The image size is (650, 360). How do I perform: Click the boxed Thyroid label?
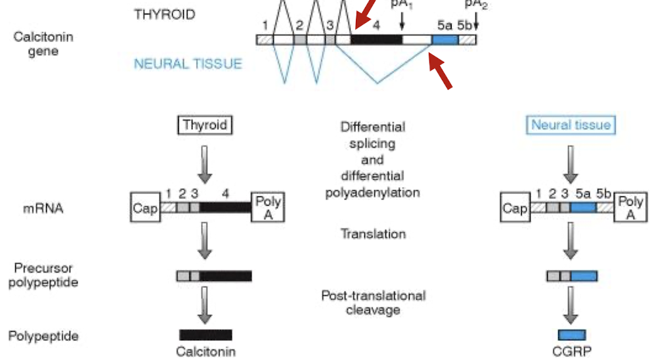point(205,125)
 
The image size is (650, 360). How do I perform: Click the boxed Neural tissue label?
point(571,125)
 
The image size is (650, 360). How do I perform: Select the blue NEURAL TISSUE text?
point(188,64)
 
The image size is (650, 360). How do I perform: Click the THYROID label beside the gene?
point(164,14)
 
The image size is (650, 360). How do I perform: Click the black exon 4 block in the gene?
point(376,39)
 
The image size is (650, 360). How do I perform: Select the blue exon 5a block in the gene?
point(444,39)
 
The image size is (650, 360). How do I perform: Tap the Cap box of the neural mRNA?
point(515,208)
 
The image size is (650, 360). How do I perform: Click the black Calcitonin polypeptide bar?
point(206,334)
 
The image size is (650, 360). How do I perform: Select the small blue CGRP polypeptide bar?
point(571,334)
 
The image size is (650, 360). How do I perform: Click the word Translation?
point(372,234)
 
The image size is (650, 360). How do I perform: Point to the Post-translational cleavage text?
point(372,302)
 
